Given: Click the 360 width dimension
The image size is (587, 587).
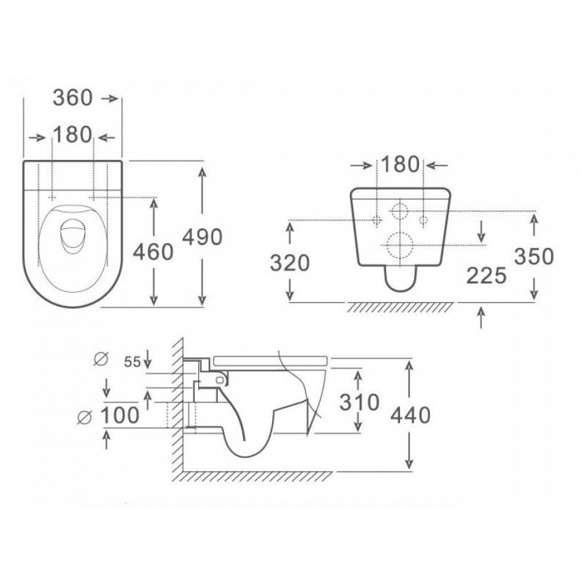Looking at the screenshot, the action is (73, 98).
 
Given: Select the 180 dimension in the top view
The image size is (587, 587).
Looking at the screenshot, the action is (72, 135).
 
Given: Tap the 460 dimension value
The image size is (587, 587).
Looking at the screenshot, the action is (153, 252).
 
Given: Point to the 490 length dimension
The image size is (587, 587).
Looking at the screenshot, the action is (203, 237).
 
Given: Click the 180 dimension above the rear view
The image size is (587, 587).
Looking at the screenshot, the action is (400, 164).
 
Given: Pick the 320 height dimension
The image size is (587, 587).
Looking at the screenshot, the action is (290, 263).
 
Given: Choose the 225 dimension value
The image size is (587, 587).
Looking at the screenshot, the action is (486, 276).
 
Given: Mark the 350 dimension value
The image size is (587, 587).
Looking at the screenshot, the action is (534, 257).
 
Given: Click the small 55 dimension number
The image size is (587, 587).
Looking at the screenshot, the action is (133, 362).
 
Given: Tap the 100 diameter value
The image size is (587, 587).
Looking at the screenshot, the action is (120, 415).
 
